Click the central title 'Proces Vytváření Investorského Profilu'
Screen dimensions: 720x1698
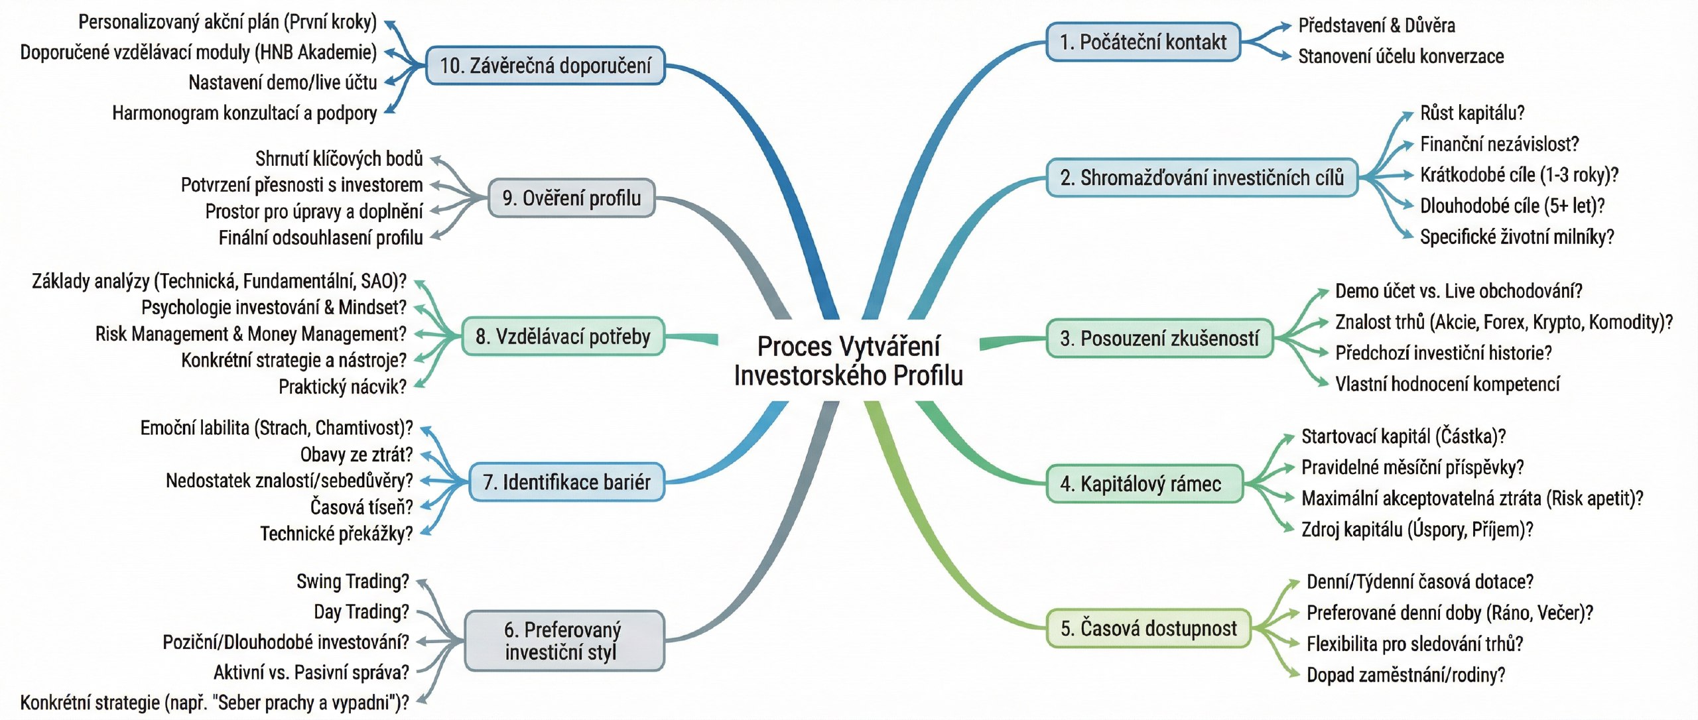click(848, 361)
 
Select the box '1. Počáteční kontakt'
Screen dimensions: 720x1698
click(1143, 42)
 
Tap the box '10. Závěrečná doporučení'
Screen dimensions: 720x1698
click(545, 66)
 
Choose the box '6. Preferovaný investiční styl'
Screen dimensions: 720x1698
click(564, 640)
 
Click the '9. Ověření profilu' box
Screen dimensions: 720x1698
click(572, 198)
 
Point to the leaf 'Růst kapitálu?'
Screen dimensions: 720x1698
click(1472, 113)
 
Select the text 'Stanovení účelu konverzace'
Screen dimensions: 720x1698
click(1400, 56)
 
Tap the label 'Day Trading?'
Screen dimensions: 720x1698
click(361, 611)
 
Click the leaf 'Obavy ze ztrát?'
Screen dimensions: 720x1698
click(356, 455)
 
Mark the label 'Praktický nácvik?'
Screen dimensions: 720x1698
click(342, 387)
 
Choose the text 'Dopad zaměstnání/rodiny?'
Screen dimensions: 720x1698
click(1405, 675)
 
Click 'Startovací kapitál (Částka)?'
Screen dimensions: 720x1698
click(1403, 436)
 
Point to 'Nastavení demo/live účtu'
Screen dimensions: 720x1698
click(283, 83)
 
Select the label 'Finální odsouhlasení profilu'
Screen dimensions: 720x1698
click(320, 238)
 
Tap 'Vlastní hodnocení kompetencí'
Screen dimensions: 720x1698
click(1447, 384)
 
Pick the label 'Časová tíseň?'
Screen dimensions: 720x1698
click(361, 507)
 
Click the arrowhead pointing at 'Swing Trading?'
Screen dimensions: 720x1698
click(422, 583)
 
